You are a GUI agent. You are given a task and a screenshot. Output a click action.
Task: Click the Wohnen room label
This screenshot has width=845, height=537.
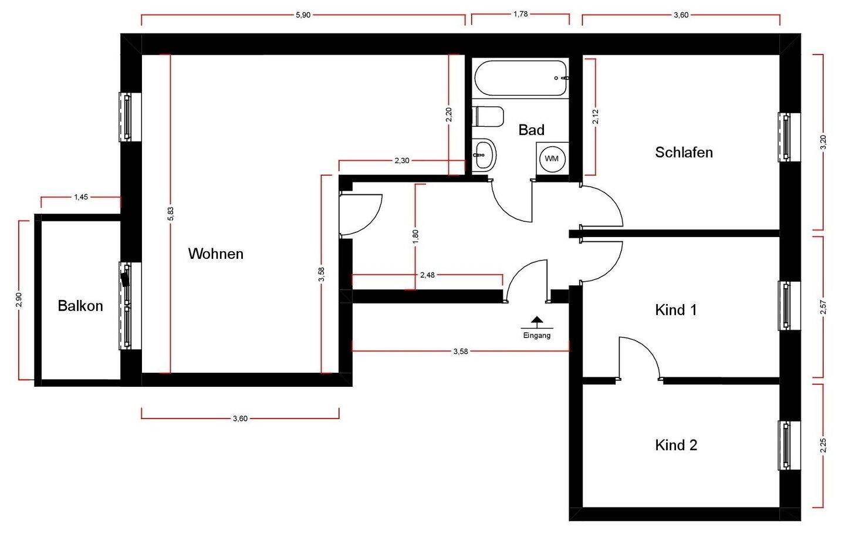coord(215,254)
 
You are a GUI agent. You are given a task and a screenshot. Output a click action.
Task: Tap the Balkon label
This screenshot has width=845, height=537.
coord(80,306)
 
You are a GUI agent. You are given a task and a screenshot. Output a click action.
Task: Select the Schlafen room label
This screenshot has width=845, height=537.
coord(684,153)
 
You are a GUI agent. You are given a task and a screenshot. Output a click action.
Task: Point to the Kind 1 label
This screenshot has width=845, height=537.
coord(675,310)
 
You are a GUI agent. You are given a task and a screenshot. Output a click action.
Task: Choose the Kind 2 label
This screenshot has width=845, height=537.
coord(676,445)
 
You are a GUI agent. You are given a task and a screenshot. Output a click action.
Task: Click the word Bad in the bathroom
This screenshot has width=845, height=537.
coord(531,130)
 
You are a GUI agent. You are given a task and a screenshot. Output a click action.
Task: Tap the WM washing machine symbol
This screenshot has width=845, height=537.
coord(552,158)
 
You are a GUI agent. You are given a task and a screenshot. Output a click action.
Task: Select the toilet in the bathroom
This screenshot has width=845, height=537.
coord(488,116)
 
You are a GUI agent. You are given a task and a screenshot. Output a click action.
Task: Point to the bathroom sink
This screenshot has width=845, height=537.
coord(484,154)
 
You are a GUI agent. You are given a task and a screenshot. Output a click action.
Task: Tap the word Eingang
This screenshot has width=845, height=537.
coord(536,336)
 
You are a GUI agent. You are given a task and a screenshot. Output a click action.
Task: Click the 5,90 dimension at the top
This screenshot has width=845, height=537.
coord(303,15)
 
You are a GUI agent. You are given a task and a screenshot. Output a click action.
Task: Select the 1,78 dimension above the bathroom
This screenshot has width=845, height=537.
coord(520,14)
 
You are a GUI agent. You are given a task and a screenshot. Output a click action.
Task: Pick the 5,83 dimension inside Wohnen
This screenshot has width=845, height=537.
coord(170,214)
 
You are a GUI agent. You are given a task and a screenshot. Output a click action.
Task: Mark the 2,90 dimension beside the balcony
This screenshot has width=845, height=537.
coord(19,299)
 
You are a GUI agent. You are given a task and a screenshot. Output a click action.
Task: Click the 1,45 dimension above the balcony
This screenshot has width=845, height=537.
coord(81,197)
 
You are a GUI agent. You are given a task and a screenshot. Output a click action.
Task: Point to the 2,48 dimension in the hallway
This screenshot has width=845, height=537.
coord(427,275)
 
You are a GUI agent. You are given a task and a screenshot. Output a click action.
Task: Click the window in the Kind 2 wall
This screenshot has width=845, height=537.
coord(785,445)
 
